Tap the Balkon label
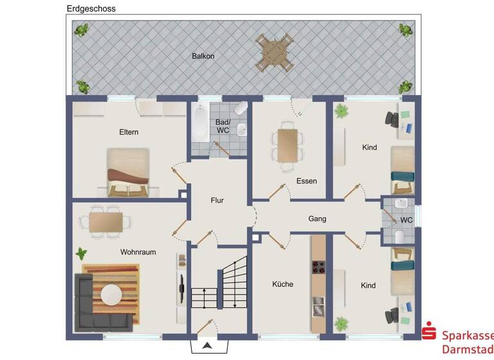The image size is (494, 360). click(203, 56)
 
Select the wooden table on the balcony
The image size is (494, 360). click(276, 53)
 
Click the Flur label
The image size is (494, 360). click(217, 201)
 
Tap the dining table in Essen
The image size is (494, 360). click(288, 145)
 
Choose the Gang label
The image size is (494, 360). click(317, 219)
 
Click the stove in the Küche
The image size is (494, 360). click(318, 267)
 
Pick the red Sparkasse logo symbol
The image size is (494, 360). click(428, 332)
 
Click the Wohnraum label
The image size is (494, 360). click(138, 252)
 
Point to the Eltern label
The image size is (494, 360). click(129, 132)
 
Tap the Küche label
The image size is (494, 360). click(282, 283)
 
